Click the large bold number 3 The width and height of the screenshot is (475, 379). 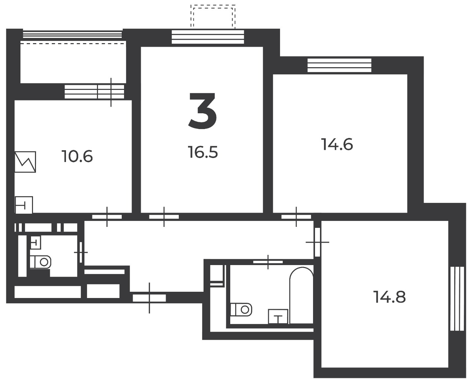(x=203, y=111)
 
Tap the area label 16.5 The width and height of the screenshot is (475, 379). (x=203, y=152)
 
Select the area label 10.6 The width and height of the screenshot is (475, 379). (x=77, y=156)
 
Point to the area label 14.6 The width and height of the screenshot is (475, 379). (x=337, y=144)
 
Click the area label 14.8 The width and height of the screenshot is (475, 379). (x=389, y=297)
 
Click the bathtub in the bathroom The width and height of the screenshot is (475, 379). (x=301, y=295)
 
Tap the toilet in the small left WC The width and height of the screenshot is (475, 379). (x=40, y=262)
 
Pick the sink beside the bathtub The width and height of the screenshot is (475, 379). (x=278, y=316)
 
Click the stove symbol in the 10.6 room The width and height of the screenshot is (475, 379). (x=25, y=162)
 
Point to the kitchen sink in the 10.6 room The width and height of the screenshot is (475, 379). (x=24, y=205)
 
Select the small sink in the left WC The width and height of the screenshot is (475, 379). (x=36, y=242)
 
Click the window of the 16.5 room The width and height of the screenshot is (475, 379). (x=208, y=37)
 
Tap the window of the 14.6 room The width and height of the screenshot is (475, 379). (x=339, y=65)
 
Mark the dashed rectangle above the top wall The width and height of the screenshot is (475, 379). (x=213, y=17)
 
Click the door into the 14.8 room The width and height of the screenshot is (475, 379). (x=317, y=242)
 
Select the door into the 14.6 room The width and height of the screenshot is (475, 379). (x=296, y=217)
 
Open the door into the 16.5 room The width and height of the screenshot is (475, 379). (x=164, y=217)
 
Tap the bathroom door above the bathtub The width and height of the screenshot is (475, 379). (x=268, y=262)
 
